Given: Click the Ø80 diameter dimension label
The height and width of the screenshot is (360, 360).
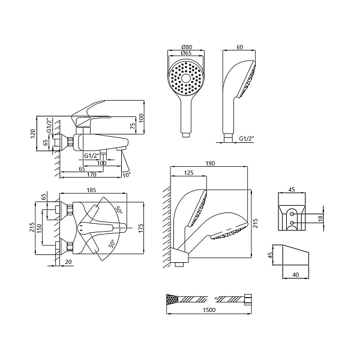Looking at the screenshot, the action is click(186, 47).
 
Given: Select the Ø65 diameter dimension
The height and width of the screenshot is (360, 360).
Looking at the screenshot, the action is click(186, 53).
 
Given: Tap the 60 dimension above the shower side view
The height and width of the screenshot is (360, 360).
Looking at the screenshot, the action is click(239, 47).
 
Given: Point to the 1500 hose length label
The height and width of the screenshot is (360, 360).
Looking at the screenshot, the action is click(209, 310).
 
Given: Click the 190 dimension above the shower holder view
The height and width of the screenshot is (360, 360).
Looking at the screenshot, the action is click(210, 163).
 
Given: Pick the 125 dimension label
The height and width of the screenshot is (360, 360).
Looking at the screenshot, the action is click(189, 173).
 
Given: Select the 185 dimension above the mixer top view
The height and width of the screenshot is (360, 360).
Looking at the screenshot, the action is click(91, 190).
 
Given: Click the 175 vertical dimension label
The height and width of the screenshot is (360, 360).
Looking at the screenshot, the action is click(140, 228).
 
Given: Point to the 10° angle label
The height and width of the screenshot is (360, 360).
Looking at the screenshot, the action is click(127, 175).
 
